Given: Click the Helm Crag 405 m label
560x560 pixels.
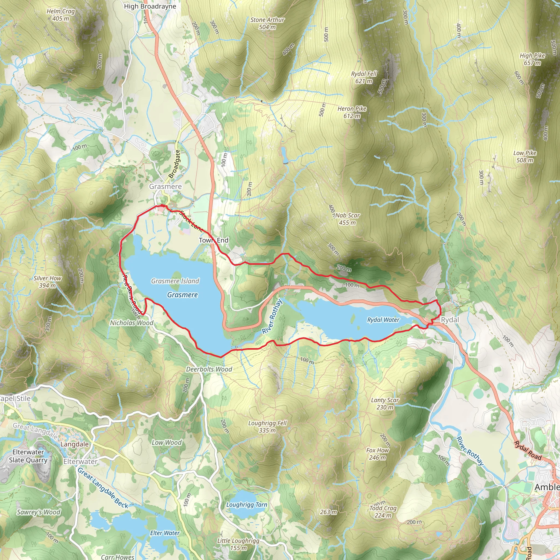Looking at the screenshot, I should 61,15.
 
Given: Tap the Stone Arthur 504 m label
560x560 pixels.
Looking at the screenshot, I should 267,24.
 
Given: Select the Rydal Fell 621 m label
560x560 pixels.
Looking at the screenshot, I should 364,77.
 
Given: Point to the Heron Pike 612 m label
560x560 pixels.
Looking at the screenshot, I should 352,112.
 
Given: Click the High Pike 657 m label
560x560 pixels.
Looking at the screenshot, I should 532,59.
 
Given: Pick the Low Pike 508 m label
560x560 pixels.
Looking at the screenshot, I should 525,156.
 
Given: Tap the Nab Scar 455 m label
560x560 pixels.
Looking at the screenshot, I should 347,219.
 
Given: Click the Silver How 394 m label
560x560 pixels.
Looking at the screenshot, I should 48,282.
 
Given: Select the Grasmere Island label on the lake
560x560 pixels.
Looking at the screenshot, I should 175,281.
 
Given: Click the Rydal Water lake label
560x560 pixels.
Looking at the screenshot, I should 383,320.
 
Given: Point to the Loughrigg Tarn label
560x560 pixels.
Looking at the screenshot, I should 247,505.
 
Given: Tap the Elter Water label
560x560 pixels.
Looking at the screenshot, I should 165,533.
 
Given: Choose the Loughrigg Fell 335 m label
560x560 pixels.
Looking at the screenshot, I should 267,427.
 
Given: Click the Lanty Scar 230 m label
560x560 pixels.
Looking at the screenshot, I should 385,404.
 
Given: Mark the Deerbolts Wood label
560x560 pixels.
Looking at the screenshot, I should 209,369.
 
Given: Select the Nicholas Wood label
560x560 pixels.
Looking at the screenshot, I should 132,323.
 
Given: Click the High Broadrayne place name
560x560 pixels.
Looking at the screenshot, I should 150,6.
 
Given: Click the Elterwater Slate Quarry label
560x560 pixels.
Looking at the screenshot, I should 28,456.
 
